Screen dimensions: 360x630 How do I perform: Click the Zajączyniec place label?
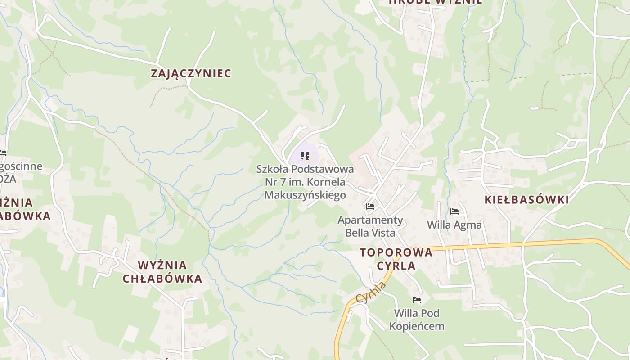(191, 73)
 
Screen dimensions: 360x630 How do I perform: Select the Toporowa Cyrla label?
(396, 259)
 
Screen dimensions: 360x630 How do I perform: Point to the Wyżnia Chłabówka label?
(162, 272)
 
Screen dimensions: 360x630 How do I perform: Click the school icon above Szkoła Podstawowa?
(305, 156)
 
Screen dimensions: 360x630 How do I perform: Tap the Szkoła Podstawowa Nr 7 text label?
(305, 182)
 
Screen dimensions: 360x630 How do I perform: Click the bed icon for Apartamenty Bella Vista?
(370, 207)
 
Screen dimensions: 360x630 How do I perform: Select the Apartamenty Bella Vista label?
(370, 226)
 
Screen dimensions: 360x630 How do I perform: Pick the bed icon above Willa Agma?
(454, 211)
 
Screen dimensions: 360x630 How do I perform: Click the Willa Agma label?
(454, 225)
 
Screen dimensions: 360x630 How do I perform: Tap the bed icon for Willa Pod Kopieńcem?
(417, 300)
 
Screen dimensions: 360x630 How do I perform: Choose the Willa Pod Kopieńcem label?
(417, 319)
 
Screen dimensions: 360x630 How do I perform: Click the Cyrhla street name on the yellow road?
(371, 292)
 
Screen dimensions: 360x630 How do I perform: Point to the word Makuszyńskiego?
(305, 195)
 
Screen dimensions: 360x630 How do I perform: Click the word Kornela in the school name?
(327, 182)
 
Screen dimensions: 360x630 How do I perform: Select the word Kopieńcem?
(417, 326)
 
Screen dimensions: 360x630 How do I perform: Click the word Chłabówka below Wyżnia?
(162, 279)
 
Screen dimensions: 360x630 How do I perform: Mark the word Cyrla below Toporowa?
(396, 265)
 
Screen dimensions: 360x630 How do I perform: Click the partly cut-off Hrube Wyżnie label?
(436, 2)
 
